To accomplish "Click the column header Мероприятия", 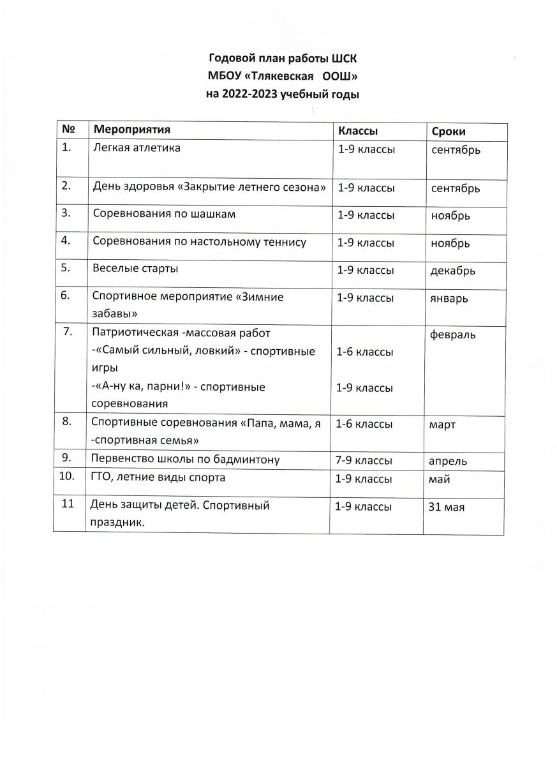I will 131,130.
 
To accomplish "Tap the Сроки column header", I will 449,131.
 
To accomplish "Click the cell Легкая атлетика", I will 137,148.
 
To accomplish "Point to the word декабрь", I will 453,271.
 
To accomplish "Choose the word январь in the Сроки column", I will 449,298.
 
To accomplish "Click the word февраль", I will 453,335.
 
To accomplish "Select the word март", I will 443,424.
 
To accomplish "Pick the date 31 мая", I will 447,507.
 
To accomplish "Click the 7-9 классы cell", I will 364,460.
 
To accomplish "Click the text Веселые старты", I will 135,269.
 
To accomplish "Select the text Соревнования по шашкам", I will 164,214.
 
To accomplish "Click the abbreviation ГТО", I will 102,477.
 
